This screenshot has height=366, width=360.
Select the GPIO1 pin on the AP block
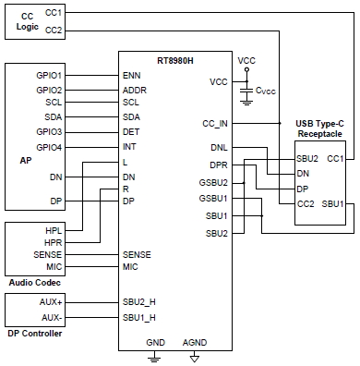click(49, 74)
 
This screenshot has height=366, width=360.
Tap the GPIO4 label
click(49, 147)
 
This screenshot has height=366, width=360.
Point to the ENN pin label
click(132, 74)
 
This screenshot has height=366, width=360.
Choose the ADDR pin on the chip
click(135, 89)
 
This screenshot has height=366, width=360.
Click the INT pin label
click(129, 147)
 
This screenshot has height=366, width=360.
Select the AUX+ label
click(50, 302)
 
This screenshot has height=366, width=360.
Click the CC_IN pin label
click(214, 122)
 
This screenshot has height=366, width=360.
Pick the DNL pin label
click(219, 148)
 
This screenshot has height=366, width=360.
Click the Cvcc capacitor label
click(266, 91)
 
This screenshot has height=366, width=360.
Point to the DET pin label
click(131, 132)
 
